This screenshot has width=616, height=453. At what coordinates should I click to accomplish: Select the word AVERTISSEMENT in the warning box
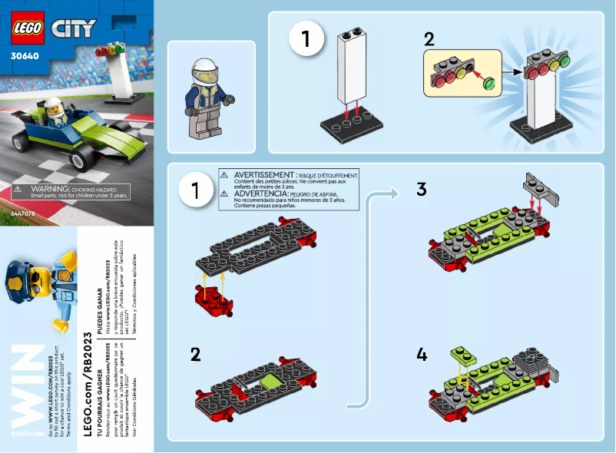click(x=266, y=176)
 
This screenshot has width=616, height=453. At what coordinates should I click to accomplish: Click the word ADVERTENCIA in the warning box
click(x=262, y=194)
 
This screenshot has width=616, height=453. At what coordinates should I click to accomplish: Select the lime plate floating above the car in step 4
click(x=464, y=354)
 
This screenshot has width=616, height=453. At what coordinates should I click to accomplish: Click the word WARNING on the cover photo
click(x=48, y=187)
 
